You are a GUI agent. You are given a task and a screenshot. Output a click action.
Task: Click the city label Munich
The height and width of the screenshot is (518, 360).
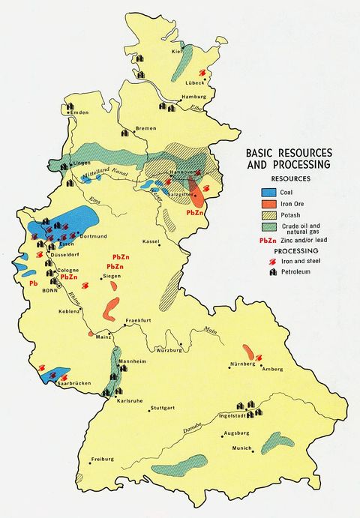pos(241,448)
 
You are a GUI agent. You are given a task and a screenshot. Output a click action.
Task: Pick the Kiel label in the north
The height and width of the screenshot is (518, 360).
pos(177,51)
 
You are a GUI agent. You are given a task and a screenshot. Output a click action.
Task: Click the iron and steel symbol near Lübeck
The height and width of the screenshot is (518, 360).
pos(201,73)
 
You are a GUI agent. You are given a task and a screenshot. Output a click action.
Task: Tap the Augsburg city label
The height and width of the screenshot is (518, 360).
pos(240,434)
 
